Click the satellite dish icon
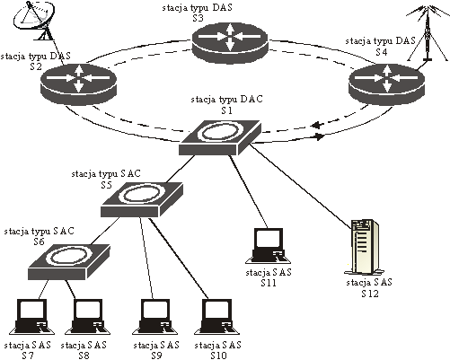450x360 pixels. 35,21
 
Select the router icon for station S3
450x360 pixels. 230,42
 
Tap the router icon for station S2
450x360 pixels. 78,84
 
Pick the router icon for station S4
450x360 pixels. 387,84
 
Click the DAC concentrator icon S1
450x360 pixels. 220,137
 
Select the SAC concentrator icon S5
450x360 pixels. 142,199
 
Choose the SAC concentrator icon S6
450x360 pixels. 69,261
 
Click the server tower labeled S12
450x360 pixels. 364,247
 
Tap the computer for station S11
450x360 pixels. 268,246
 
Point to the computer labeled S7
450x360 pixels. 31,317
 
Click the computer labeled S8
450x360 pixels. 88,317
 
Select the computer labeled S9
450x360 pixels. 155,317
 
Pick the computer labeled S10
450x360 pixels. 217,317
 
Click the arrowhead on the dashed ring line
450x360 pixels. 317,125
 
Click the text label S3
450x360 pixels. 198,18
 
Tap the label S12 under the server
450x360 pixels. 370,294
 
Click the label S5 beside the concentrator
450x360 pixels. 106,185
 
